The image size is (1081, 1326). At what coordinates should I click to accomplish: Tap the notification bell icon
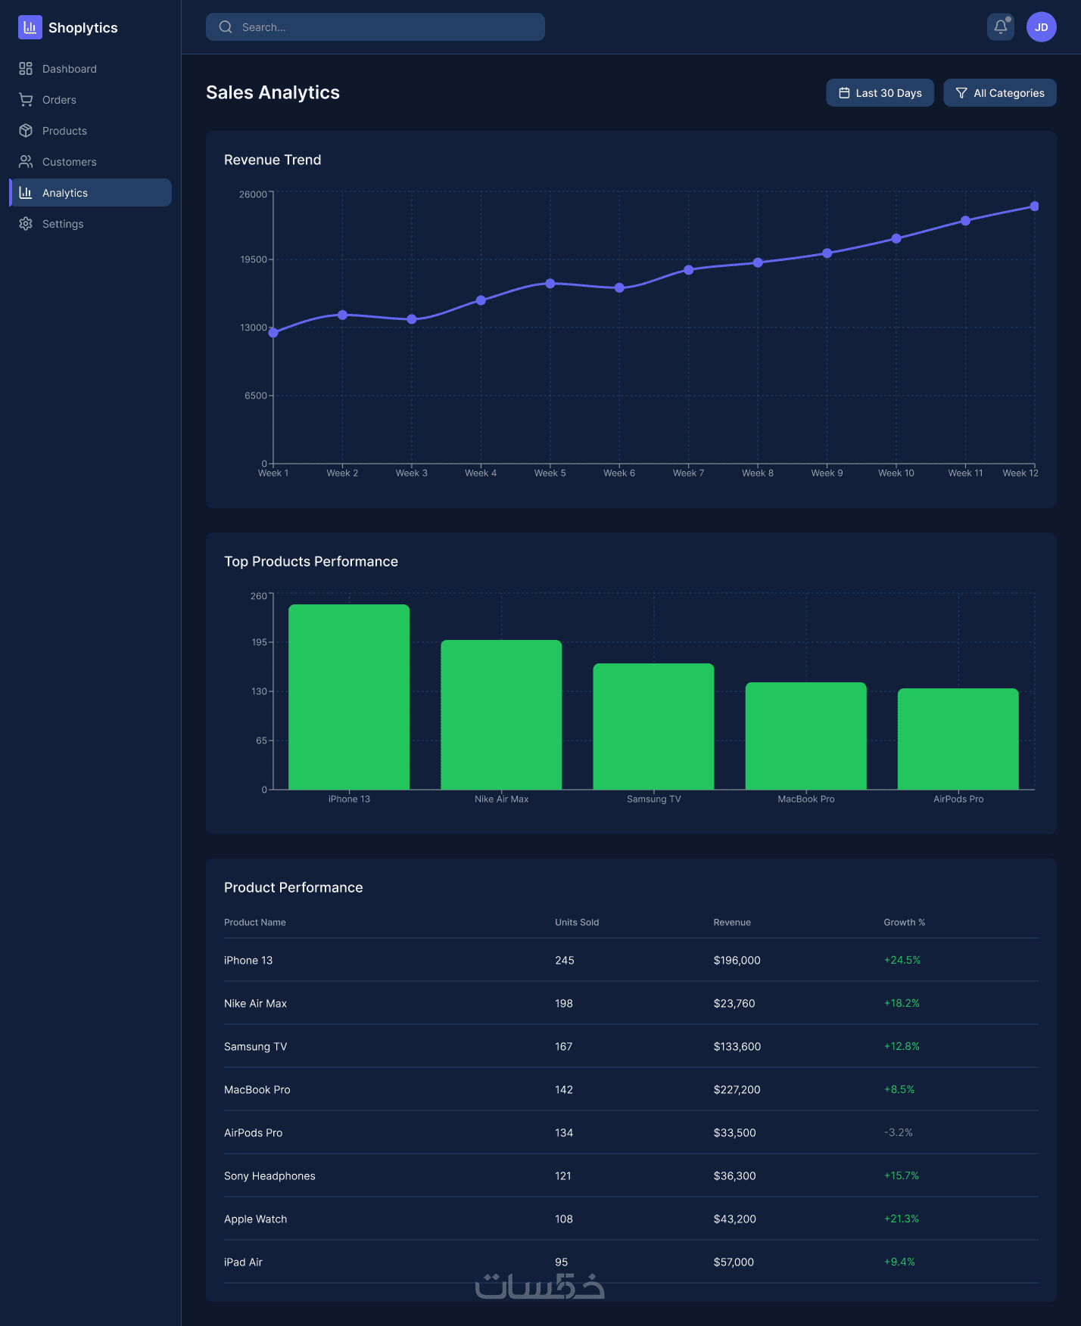pyautogui.click(x=1001, y=27)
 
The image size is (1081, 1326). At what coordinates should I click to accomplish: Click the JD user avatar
pyautogui.click(x=1042, y=27)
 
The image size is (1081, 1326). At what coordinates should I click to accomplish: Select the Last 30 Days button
pyautogui.click(x=880, y=93)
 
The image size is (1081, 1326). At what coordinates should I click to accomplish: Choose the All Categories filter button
pyautogui.click(x=1000, y=93)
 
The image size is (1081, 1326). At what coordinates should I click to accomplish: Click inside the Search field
pyautogui.click(x=375, y=27)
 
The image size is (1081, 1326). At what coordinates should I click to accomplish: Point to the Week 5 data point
pyautogui.click(x=550, y=284)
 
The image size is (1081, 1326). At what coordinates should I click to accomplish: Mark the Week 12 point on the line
pyautogui.click(x=1035, y=207)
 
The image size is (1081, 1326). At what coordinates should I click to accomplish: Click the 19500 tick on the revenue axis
pyautogui.click(x=254, y=259)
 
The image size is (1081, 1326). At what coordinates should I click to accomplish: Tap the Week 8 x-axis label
pyautogui.click(x=758, y=474)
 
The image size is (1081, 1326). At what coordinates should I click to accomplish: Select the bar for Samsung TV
pyautogui.click(x=653, y=726)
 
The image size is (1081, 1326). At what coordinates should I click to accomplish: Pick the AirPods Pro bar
pyautogui.click(x=958, y=739)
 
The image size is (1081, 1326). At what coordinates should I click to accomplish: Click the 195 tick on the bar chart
pyautogui.click(x=260, y=642)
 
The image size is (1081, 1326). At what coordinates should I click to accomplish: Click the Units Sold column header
pyautogui.click(x=577, y=922)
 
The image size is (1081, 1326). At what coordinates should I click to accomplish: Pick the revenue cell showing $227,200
pyautogui.click(x=737, y=1090)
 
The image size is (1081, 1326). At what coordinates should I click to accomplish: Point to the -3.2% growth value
pyautogui.click(x=898, y=1133)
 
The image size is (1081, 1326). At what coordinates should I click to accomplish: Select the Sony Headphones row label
pyautogui.click(x=269, y=1176)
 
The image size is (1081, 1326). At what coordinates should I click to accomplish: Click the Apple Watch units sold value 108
pyautogui.click(x=564, y=1219)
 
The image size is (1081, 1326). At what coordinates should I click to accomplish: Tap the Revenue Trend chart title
pyautogui.click(x=273, y=160)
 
